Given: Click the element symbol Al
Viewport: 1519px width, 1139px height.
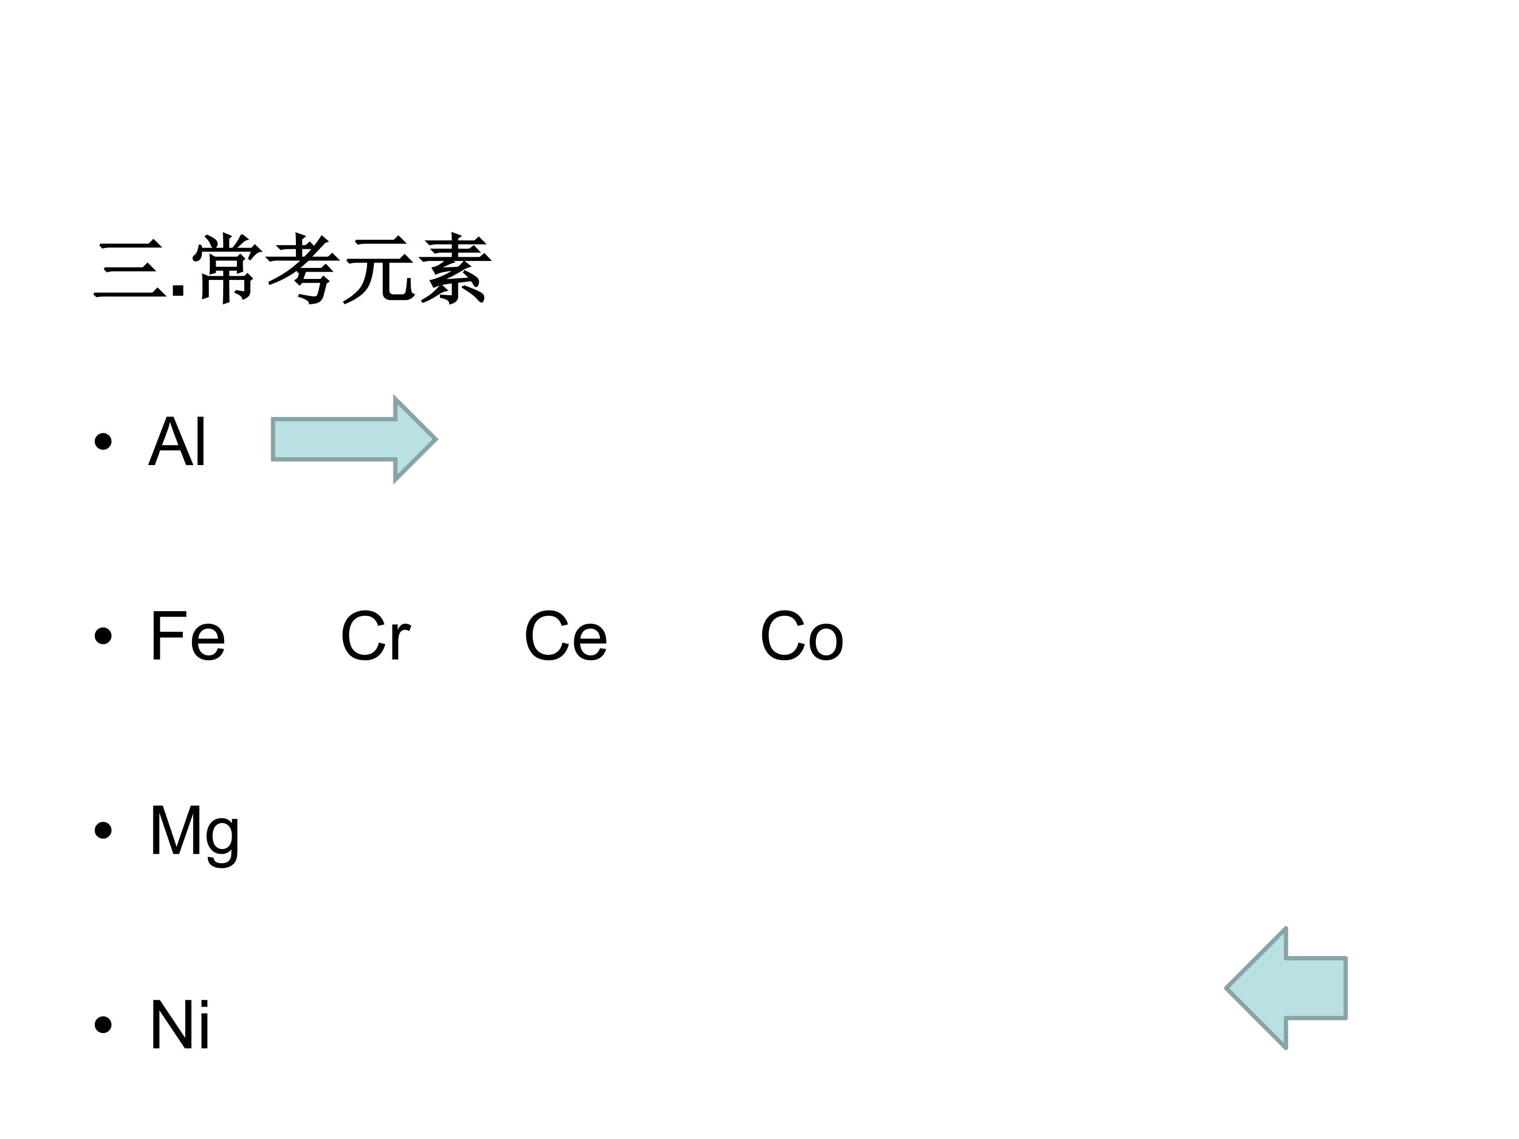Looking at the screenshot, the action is [x=177, y=441].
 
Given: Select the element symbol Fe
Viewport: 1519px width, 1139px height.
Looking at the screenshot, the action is [x=187, y=636].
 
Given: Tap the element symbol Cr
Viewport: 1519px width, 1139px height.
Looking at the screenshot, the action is [x=375, y=636].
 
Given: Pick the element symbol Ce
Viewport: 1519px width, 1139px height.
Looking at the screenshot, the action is [x=565, y=636].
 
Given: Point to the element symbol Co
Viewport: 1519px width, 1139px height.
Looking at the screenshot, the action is [x=801, y=636].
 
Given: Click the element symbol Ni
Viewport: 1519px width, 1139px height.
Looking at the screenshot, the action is [x=180, y=1025].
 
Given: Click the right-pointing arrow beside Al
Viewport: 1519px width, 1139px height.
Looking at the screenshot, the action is [x=354, y=439].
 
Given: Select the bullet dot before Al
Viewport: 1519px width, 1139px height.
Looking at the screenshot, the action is [x=103, y=441].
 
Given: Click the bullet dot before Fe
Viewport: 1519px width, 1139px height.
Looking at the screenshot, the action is [x=103, y=636].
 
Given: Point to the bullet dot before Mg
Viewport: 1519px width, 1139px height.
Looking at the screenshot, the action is [x=103, y=831].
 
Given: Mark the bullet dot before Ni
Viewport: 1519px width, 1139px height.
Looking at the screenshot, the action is [x=103, y=1025].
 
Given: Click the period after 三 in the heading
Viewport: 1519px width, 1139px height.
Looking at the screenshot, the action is [x=179, y=291].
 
